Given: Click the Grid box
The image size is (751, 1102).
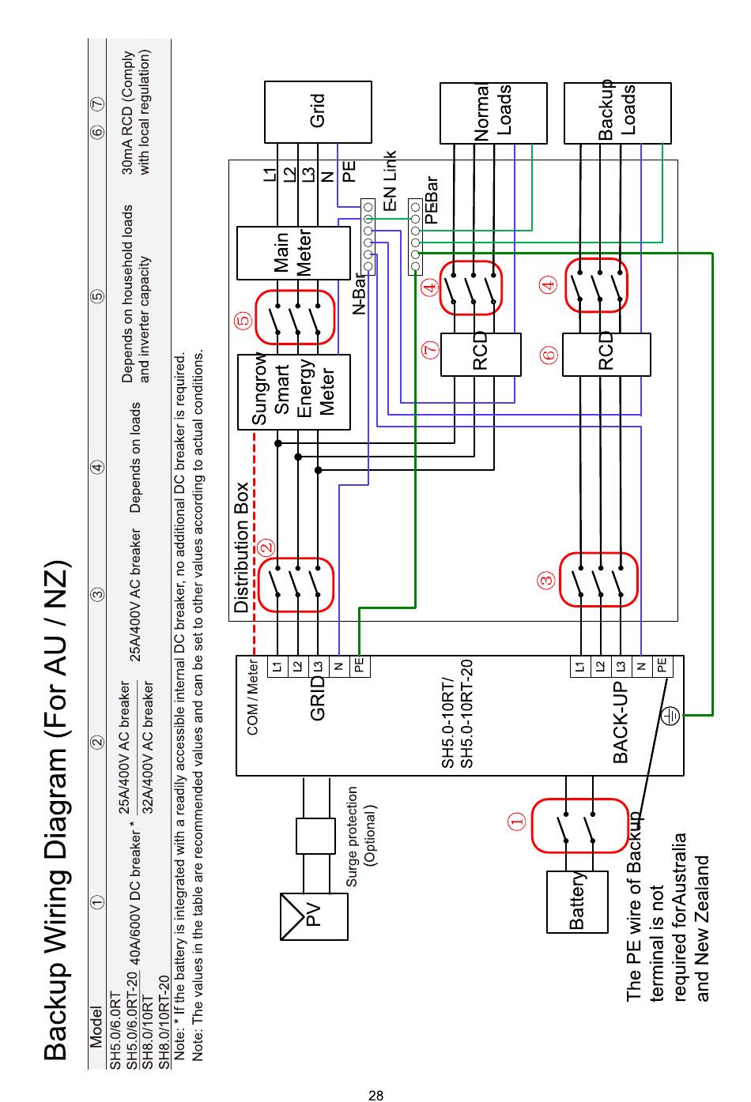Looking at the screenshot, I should [317, 112].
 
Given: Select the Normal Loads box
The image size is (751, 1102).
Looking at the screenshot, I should [493, 113].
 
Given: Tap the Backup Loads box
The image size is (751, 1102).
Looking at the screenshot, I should [617, 113].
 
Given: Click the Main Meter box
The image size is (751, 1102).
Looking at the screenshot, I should [293, 253].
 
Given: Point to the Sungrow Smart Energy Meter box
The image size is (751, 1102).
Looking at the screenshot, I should [293, 392].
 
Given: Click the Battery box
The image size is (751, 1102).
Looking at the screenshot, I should [577, 901].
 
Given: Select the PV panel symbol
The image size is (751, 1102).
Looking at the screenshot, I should [314, 916].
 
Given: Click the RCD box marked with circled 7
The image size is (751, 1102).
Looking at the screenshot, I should [481, 354].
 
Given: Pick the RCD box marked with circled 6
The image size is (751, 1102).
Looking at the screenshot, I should [606, 354].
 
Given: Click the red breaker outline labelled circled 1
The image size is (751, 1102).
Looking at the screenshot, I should [579, 826].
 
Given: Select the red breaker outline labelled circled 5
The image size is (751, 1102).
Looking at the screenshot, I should [295, 318].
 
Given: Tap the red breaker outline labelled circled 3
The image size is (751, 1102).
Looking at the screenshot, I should [598, 579].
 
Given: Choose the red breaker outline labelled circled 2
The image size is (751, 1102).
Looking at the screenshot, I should [296, 585].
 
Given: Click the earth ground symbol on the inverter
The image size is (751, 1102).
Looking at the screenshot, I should [670, 716].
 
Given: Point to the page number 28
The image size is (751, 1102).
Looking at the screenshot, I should [375, 1095].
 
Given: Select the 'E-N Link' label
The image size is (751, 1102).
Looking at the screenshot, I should [390, 181].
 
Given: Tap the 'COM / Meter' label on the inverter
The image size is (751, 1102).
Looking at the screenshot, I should [253, 697].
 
